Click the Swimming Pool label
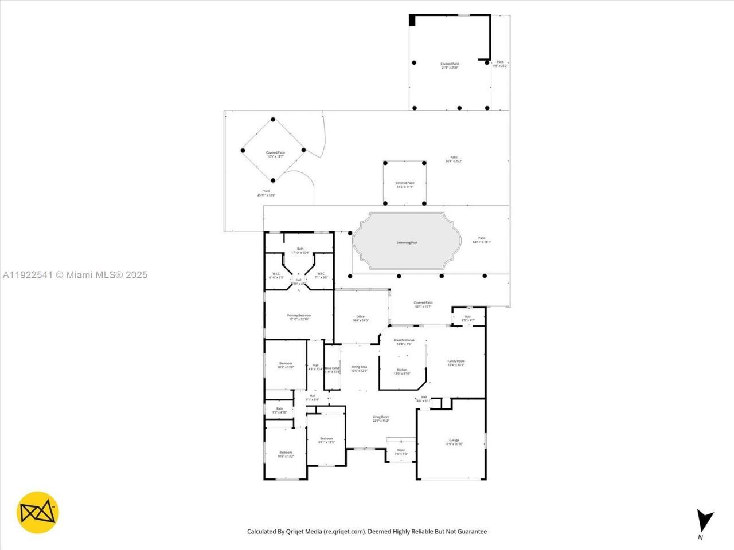[x=407, y=243]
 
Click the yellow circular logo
[x=38, y=512]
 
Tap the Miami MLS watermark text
[x=75, y=275]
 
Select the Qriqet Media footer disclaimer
[x=367, y=532]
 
